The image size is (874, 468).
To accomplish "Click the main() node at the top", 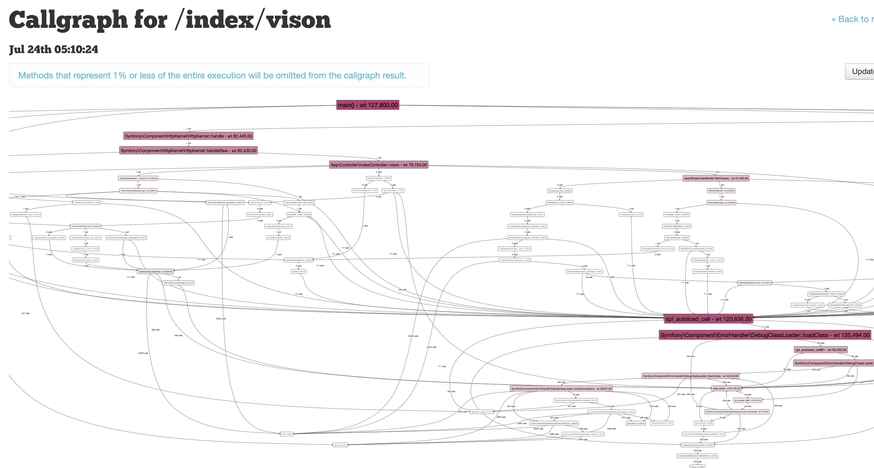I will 367,105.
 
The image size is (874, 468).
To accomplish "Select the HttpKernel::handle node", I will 188,136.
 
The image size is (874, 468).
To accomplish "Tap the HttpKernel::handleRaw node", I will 188,151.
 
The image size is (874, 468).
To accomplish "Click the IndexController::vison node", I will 379,165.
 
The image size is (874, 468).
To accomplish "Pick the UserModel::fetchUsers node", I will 716,178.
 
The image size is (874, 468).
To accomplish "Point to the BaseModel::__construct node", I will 138,178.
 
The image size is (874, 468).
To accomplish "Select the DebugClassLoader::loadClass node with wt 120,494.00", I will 765,335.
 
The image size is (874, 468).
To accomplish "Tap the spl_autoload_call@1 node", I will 821,350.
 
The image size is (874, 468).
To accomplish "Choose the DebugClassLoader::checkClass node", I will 690,376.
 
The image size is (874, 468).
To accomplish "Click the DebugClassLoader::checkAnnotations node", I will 561,389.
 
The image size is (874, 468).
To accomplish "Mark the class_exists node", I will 726,388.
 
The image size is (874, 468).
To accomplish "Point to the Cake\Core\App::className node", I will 155,272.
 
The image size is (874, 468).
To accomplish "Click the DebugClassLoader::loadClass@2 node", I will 737,412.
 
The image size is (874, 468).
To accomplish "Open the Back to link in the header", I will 853,19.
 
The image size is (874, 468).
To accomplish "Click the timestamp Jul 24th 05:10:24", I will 54,50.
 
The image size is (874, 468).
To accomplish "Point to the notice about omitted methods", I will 212,75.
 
